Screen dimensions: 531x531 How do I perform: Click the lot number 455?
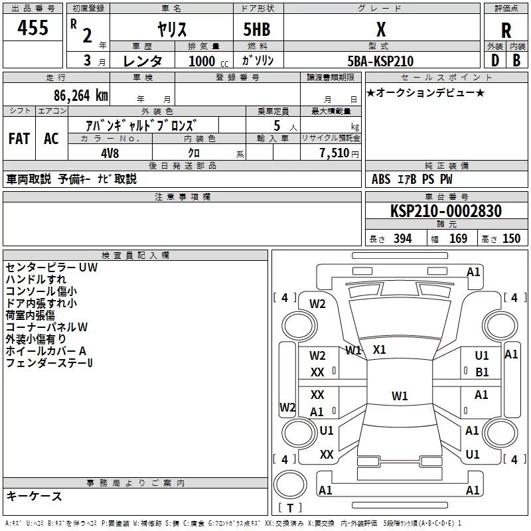33,29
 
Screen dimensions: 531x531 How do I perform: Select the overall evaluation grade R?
506,31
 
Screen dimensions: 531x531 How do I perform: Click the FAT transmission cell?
19,138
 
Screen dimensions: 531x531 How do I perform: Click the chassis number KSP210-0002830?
445,211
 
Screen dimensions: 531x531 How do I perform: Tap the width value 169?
458,239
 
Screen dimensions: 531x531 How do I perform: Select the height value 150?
511,239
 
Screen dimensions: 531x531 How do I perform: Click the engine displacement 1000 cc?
200,61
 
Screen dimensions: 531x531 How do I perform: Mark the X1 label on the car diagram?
380,349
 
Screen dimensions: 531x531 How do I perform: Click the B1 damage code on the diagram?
482,372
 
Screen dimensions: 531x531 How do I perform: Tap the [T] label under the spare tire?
289,508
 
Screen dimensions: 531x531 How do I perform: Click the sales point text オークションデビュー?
425,92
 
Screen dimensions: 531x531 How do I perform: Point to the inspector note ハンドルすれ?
36,279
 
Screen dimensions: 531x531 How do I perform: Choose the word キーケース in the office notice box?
34,496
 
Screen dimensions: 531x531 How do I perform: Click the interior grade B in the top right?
516,60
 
